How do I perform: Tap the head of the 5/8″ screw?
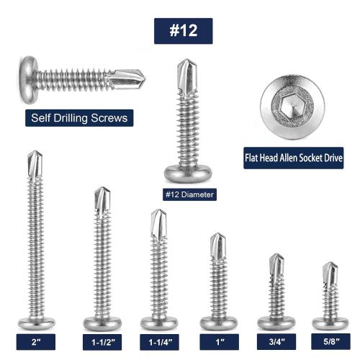pos(330,321)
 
